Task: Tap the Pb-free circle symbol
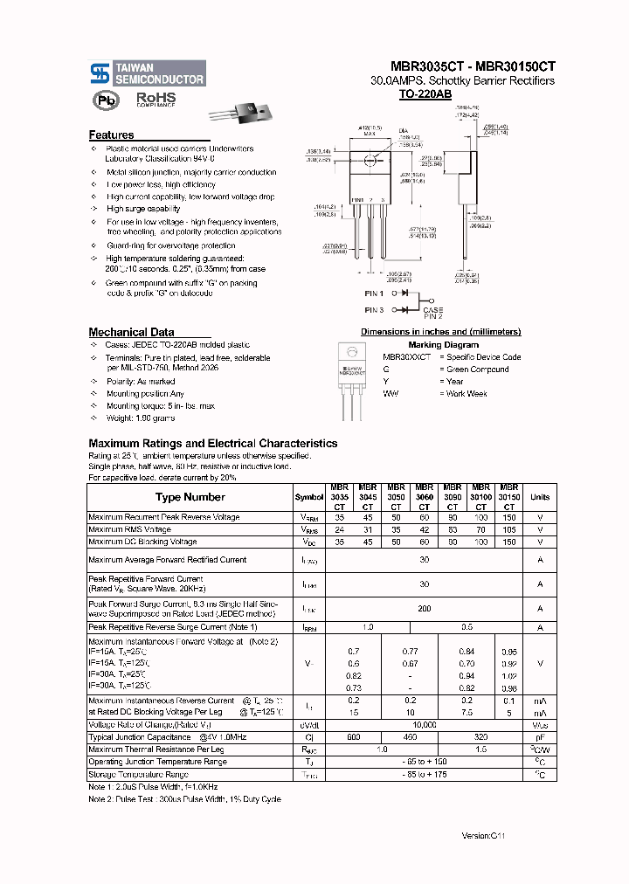(x=105, y=100)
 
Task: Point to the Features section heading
(x=112, y=135)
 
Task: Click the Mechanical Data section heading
(x=131, y=332)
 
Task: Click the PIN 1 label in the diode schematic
(x=374, y=294)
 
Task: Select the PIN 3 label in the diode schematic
(x=374, y=309)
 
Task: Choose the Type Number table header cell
(x=190, y=497)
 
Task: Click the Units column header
(x=540, y=497)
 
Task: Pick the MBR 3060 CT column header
(x=424, y=497)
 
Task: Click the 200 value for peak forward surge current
(x=424, y=608)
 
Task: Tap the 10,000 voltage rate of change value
(x=424, y=725)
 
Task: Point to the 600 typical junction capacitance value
(x=353, y=738)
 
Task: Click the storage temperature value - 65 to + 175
(x=424, y=775)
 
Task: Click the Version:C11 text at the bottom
(x=483, y=836)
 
